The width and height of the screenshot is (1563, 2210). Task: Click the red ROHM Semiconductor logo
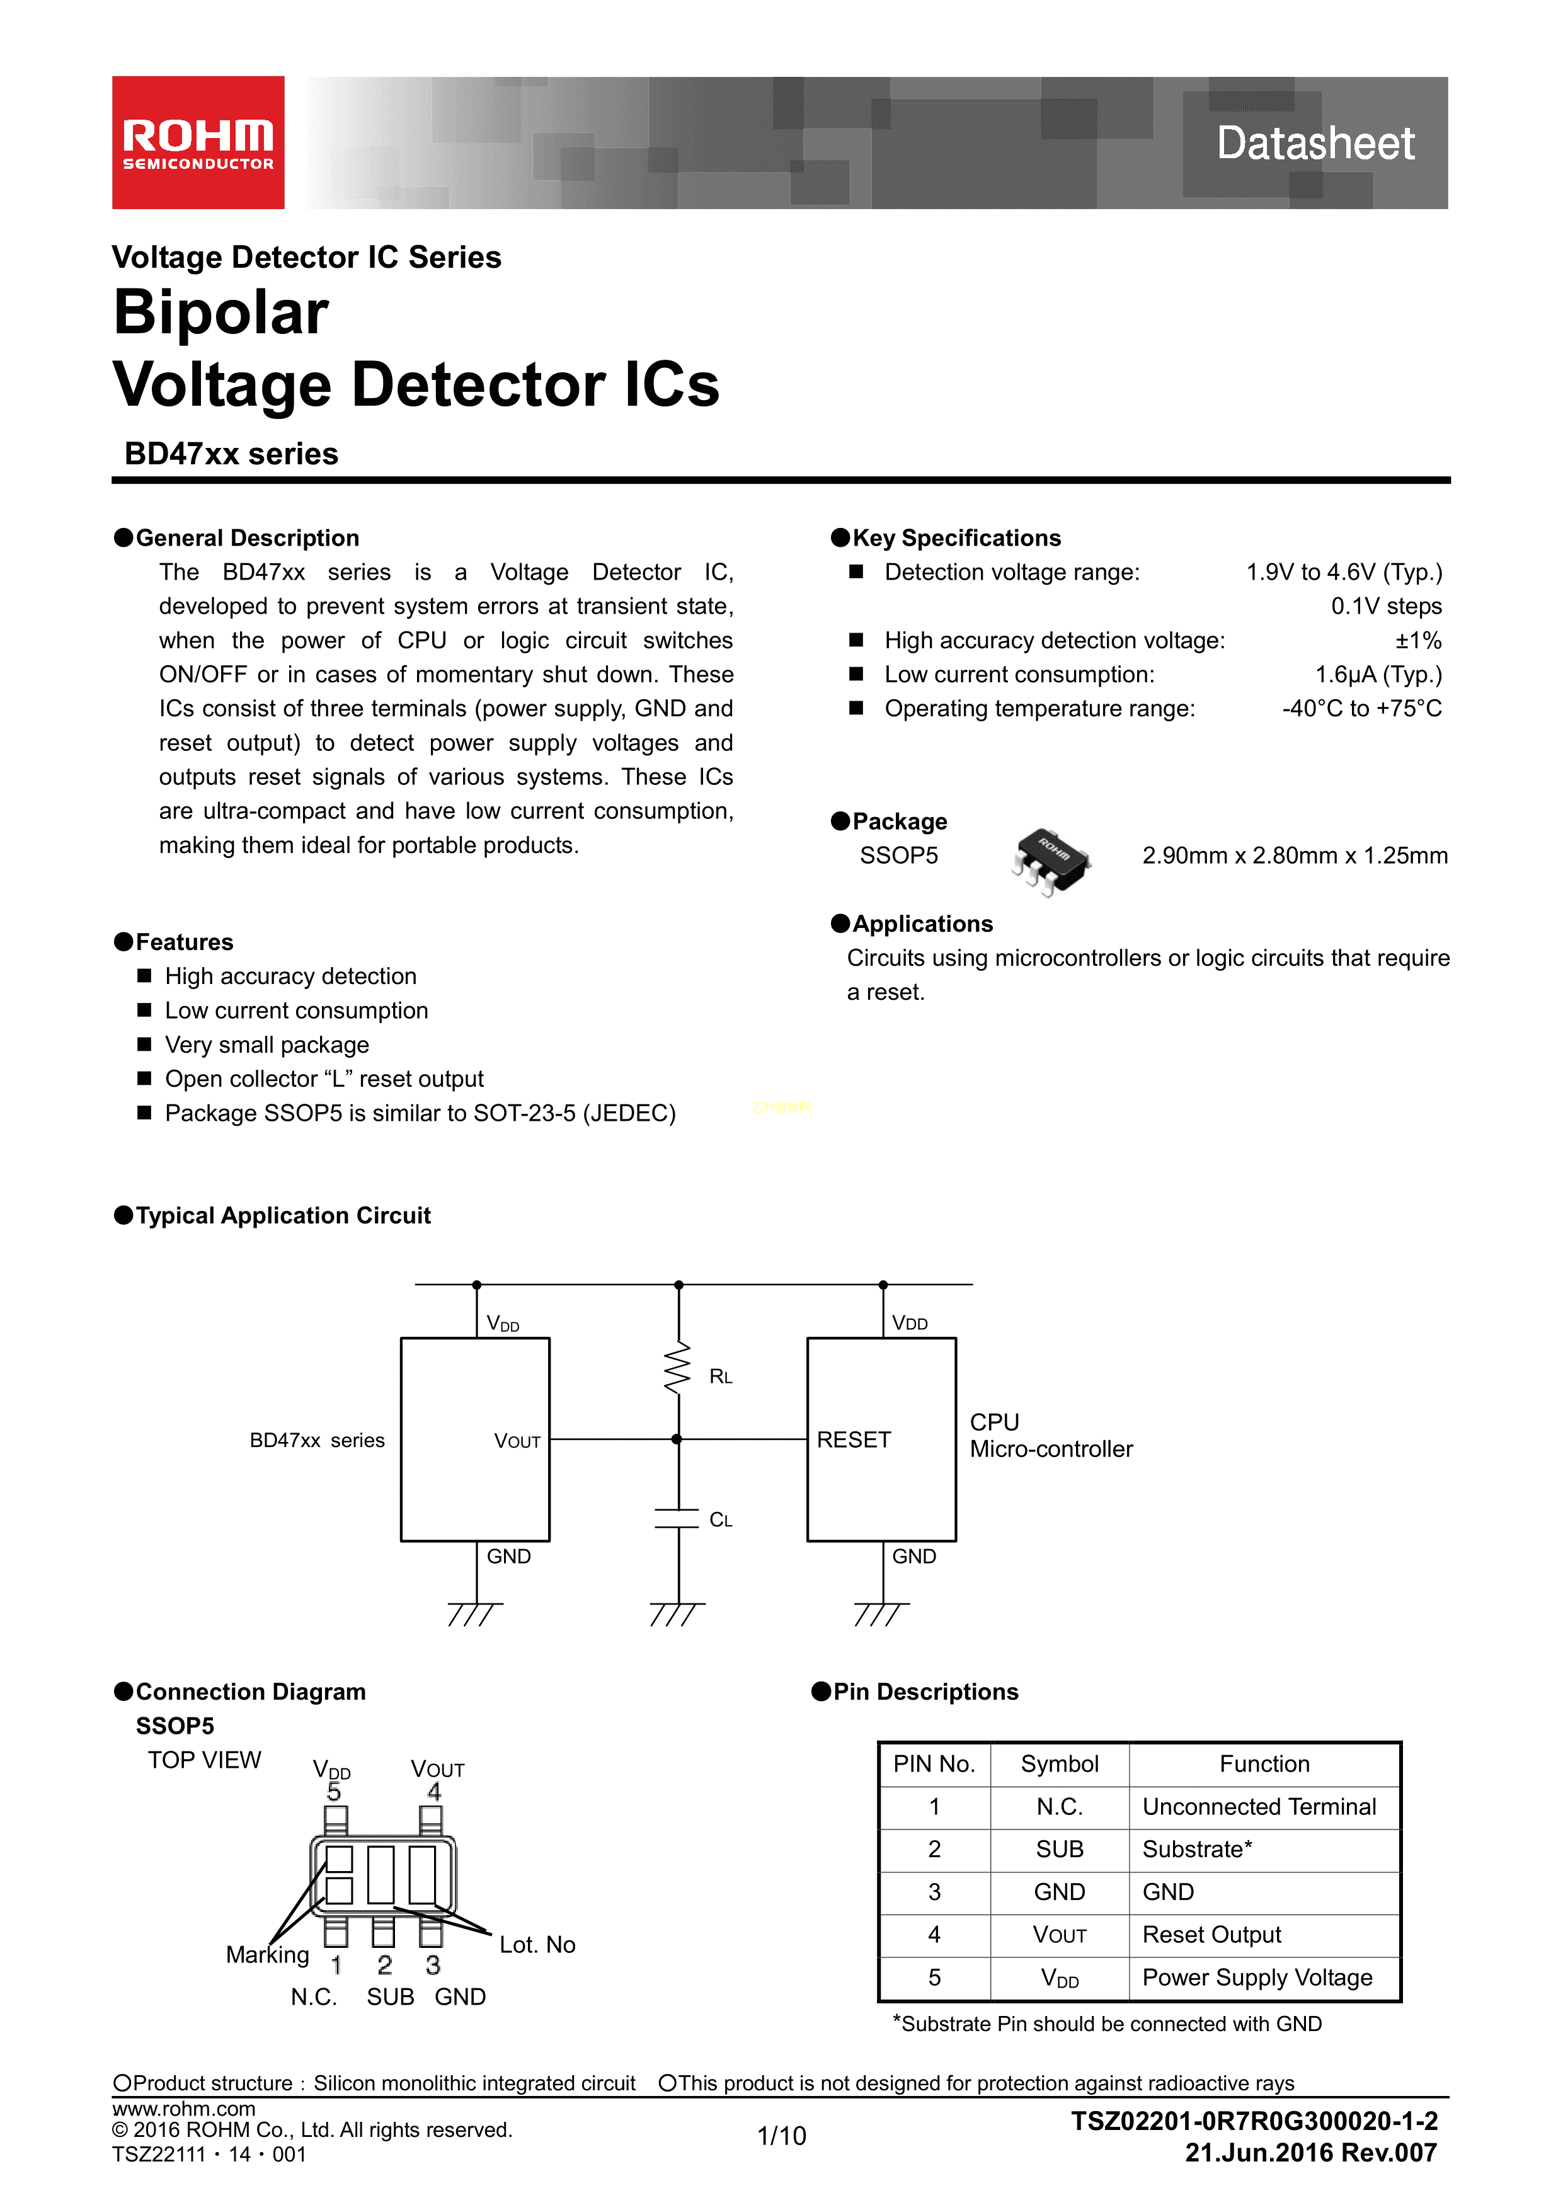point(198,142)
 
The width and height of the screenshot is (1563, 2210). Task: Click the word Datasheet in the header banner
point(1315,144)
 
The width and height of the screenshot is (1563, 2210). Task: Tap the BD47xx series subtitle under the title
point(231,454)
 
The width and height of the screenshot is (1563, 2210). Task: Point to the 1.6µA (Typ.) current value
point(1378,675)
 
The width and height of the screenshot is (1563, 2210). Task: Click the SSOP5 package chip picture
point(1050,857)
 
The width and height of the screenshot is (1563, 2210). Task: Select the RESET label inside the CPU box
point(854,1440)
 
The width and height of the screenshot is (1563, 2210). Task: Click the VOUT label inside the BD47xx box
point(517,1441)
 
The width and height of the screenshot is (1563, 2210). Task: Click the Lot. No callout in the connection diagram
point(537,1945)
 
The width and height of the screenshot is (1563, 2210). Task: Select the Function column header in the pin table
point(1264,1765)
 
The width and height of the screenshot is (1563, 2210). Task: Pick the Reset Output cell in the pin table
point(1211,1935)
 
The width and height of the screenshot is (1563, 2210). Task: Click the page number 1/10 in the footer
point(781,2136)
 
